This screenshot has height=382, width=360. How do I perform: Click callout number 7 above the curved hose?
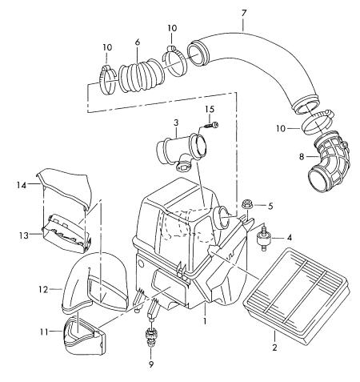(x=244, y=13)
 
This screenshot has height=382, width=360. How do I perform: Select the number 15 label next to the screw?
(x=210, y=109)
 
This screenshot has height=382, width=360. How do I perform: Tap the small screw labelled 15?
(x=211, y=124)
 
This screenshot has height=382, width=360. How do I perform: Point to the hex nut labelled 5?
(x=246, y=205)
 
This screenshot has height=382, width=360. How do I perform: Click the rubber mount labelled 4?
(x=262, y=237)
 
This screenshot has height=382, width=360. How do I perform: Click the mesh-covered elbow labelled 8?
(x=329, y=161)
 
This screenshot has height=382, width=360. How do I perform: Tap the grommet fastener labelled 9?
(x=151, y=338)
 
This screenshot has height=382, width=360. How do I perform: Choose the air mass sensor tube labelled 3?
(x=181, y=150)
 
